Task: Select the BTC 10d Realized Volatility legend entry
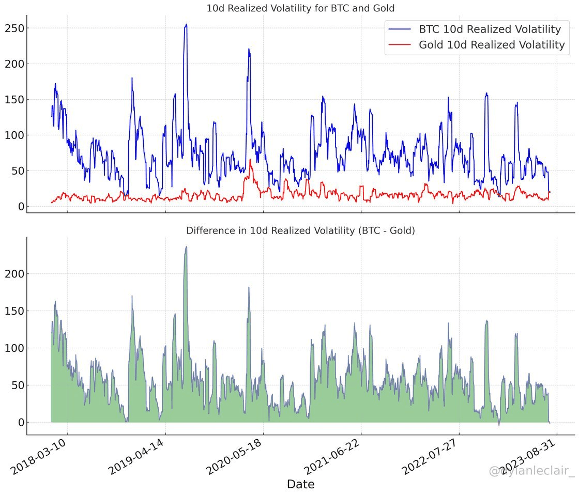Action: (x=490, y=29)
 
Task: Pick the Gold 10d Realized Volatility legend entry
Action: (x=491, y=45)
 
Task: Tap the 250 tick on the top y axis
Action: (x=14, y=28)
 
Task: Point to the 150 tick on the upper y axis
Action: (x=14, y=99)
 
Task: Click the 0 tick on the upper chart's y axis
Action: (x=20, y=207)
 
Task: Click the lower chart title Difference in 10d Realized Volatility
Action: (x=300, y=231)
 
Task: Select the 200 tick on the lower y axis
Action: (x=14, y=274)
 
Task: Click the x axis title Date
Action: (x=300, y=484)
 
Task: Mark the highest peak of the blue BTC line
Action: (x=186, y=24)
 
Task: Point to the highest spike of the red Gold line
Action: (x=250, y=160)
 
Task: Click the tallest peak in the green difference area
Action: (x=186, y=247)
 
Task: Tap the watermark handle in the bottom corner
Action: (x=532, y=471)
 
